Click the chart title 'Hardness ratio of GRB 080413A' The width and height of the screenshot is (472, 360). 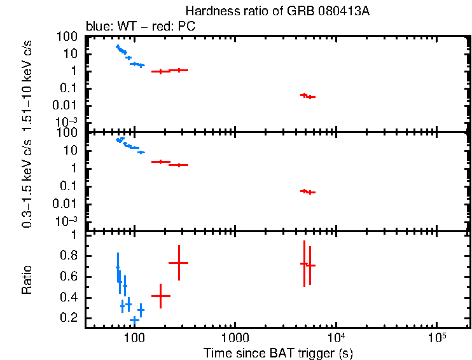277,11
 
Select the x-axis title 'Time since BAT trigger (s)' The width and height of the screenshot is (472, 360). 278,352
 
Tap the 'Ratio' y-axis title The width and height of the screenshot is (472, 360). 27,280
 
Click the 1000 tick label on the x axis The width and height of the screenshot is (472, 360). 235,336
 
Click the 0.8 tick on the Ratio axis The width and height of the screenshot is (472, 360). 68,256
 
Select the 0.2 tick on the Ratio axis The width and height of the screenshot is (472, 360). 68,318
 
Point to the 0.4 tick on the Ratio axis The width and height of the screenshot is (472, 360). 68,298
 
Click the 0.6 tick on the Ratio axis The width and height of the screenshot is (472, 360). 68,277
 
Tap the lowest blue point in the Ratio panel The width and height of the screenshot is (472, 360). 134,320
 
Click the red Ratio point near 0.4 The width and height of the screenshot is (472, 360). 160,296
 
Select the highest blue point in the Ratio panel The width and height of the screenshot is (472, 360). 117,268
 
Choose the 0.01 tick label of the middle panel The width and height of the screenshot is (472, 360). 64,204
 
